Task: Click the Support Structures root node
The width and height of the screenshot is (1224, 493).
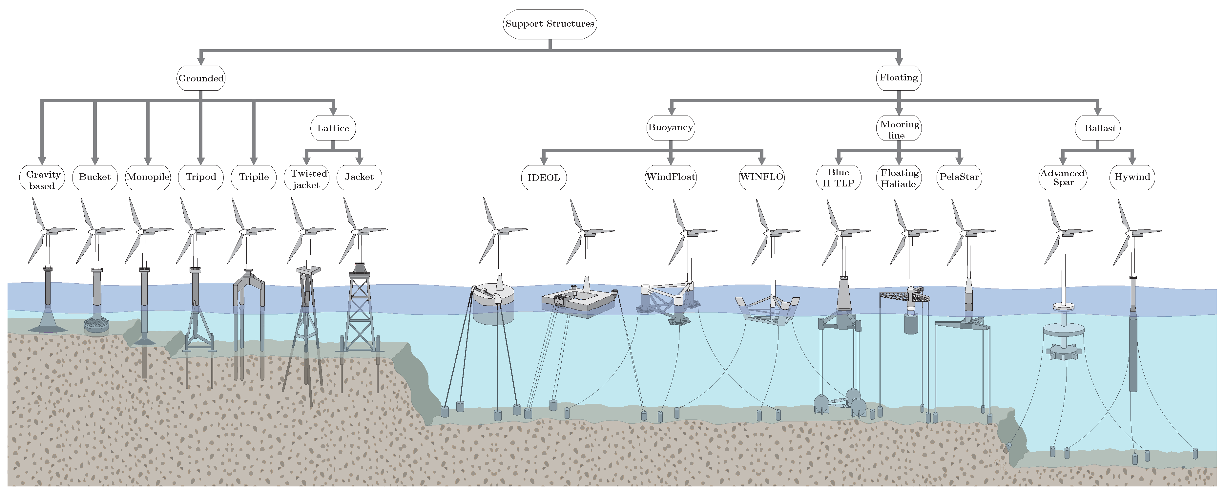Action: [550, 24]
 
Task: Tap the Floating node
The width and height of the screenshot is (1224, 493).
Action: [899, 77]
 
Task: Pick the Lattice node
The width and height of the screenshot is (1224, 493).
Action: [333, 128]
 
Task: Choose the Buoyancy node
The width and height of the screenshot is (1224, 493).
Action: [671, 127]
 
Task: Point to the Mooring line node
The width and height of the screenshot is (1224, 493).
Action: [899, 128]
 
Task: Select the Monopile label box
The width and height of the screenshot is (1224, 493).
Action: [148, 177]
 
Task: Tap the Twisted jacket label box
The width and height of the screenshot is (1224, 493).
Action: [306, 178]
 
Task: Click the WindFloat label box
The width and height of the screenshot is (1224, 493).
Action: [671, 177]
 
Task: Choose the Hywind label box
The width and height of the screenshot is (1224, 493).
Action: [1132, 177]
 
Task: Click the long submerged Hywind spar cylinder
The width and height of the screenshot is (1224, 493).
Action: [1133, 352]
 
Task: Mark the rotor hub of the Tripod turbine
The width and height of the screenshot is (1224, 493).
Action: [193, 231]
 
